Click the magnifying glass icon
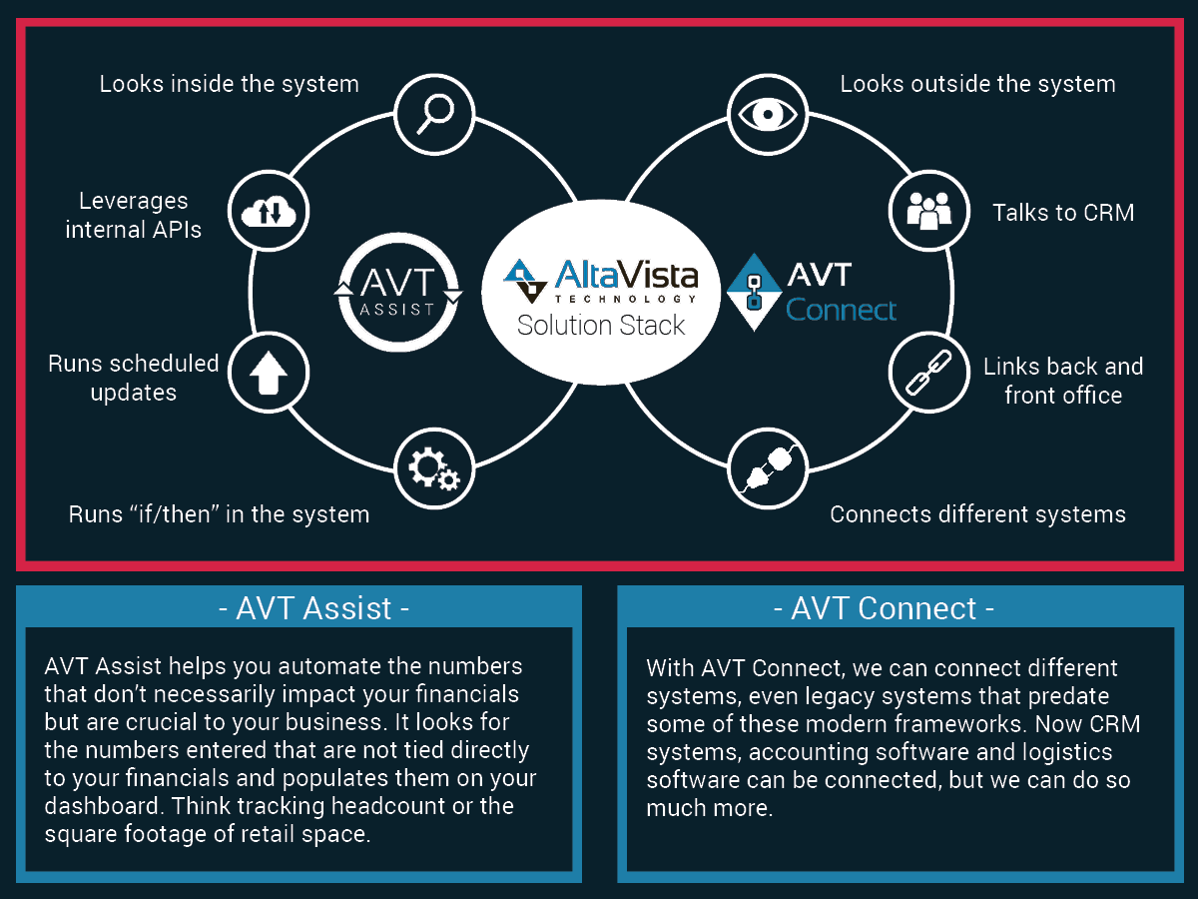click(x=434, y=115)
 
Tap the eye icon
click(x=768, y=115)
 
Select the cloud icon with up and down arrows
click(x=269, y=211)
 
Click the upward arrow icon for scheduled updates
click(x=269, y=373)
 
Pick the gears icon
click(x=434, y=468)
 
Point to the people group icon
click(x=928, y=211)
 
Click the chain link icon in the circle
click(x=928, y=373)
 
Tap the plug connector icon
click(x=768, y=468)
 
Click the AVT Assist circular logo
click(x=398, y=292)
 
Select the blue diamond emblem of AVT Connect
click(x=754, y=292)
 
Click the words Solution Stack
click(x=600, y=326)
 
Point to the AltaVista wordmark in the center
click(x=626, y=274)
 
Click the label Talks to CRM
click(x=1063, y=213)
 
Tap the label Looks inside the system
click(x=230, y=84)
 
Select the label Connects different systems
click(x=977, y=514)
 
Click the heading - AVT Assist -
click(x=313, y=608)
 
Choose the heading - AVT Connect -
click(x=884, y=608)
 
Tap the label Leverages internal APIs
click(x=133, y=215)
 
